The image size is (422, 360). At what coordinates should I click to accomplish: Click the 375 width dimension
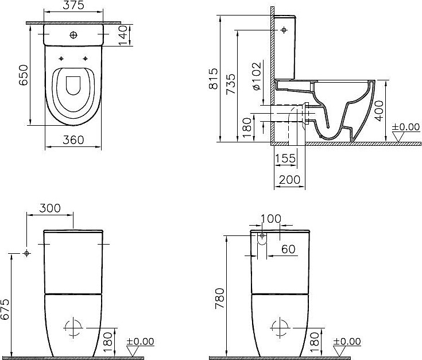coord(73,6)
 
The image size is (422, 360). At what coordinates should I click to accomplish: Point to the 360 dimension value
coord(73,140)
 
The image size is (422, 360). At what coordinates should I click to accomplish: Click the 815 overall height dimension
coord(213,78)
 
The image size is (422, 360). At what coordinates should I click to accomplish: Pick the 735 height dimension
coord(230,84)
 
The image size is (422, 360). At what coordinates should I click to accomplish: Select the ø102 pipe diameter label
coord(256,76)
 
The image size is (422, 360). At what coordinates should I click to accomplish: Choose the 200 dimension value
coord(289,180)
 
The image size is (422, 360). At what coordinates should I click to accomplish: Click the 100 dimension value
coord(270,219)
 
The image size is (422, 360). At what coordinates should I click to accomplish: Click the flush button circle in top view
coord(73,36)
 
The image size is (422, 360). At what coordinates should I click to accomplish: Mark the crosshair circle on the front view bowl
coord(72,328)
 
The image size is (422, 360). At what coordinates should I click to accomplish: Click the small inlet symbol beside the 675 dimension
coord(27,253)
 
